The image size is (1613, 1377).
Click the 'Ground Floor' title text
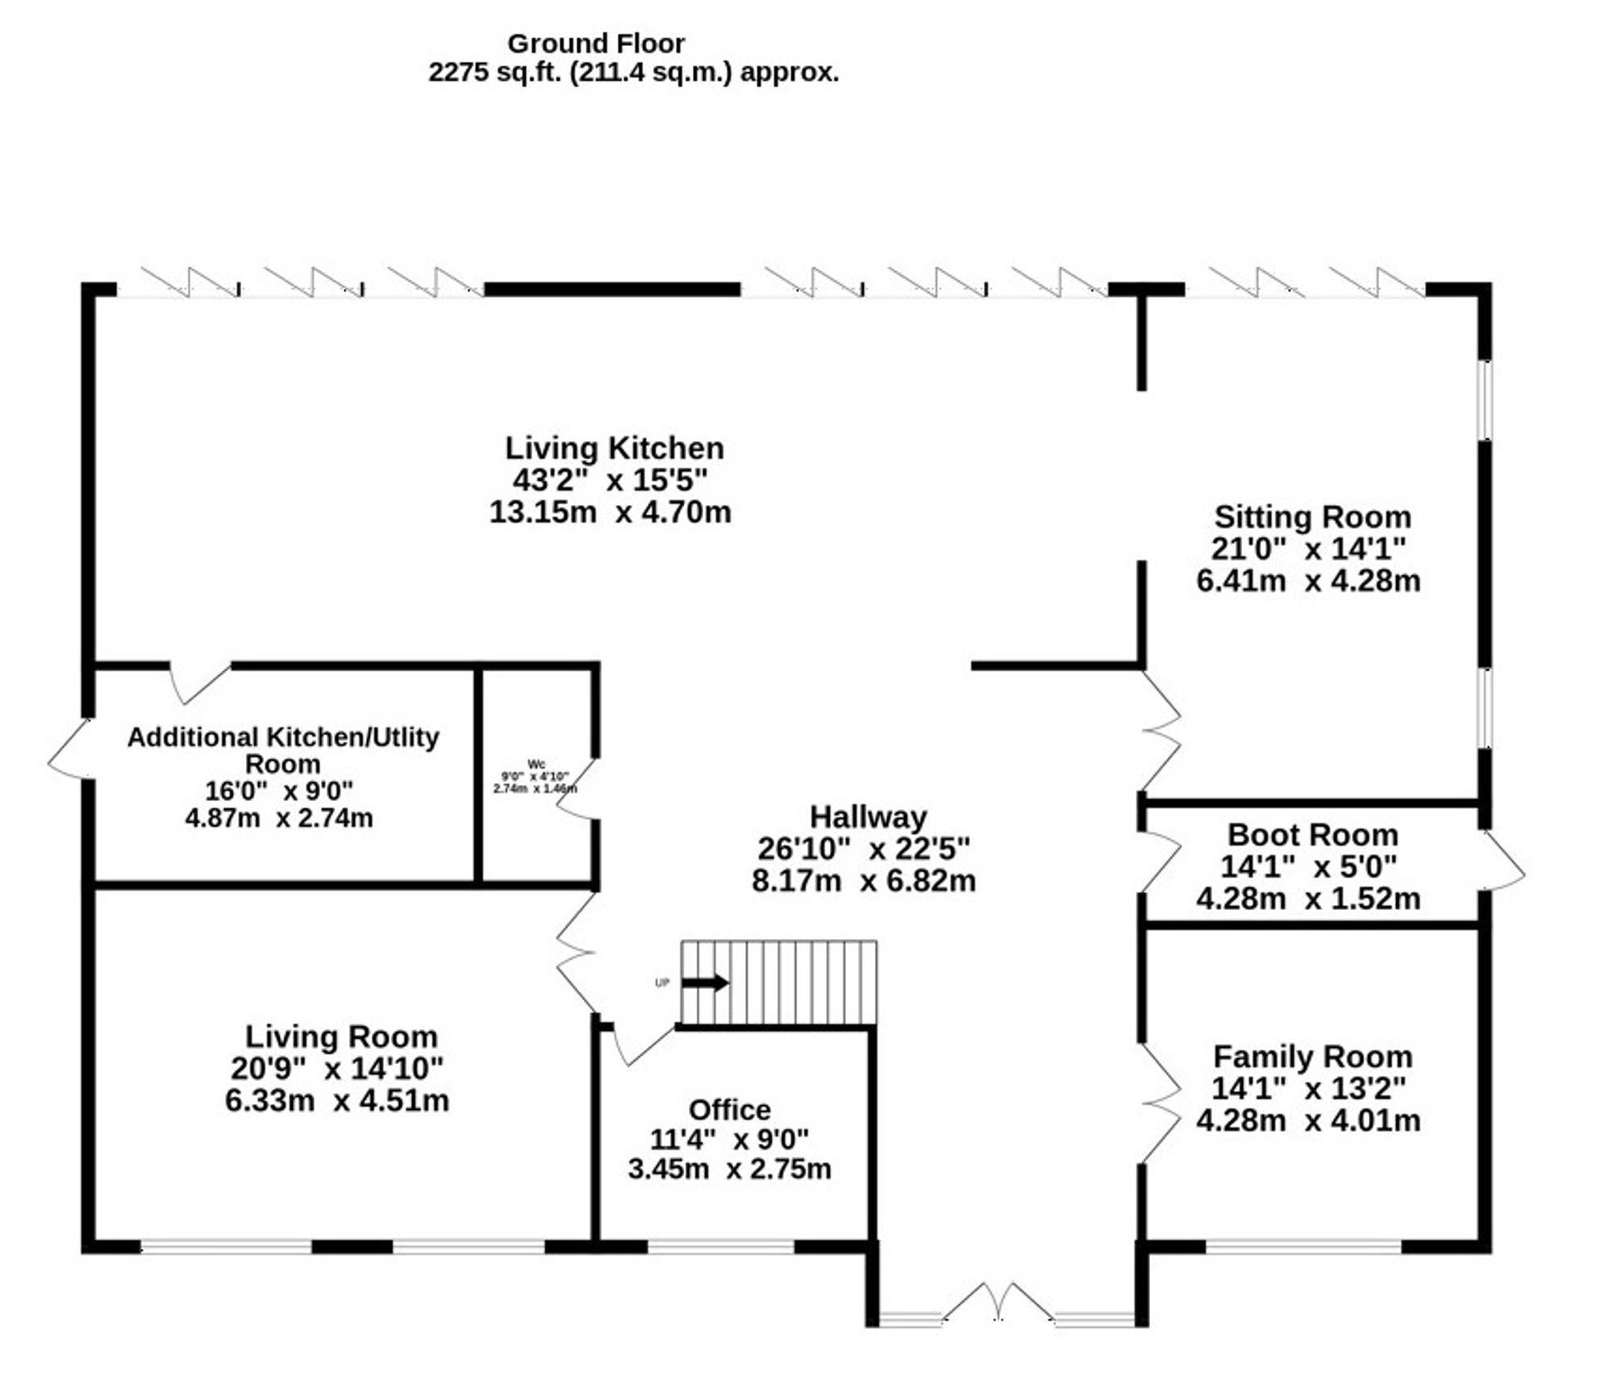tap(595, 43)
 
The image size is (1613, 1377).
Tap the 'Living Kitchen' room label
tap(614, 449)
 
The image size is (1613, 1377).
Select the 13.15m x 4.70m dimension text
tap(610, 512)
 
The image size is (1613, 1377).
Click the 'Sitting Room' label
tap(1312, 517)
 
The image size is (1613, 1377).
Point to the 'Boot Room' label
tap(1312, 835)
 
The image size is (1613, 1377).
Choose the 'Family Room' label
tap(1312, 1057)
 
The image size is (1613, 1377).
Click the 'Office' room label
tap(729, 1110)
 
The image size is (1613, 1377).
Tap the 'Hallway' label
tap(868, 817)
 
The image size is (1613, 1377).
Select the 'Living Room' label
tap(341, 1037)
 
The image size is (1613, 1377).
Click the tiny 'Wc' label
tap(536, 764)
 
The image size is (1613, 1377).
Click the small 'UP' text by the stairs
tap(662, 983)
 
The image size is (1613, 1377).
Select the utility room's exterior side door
tap(69, 748)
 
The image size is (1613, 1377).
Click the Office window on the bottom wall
tap(721, 1246)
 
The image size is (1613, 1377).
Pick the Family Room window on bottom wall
tap(1303, 1246)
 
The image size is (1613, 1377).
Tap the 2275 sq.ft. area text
tap(633, 73)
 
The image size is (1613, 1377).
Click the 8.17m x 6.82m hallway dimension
tap(864, 880)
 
